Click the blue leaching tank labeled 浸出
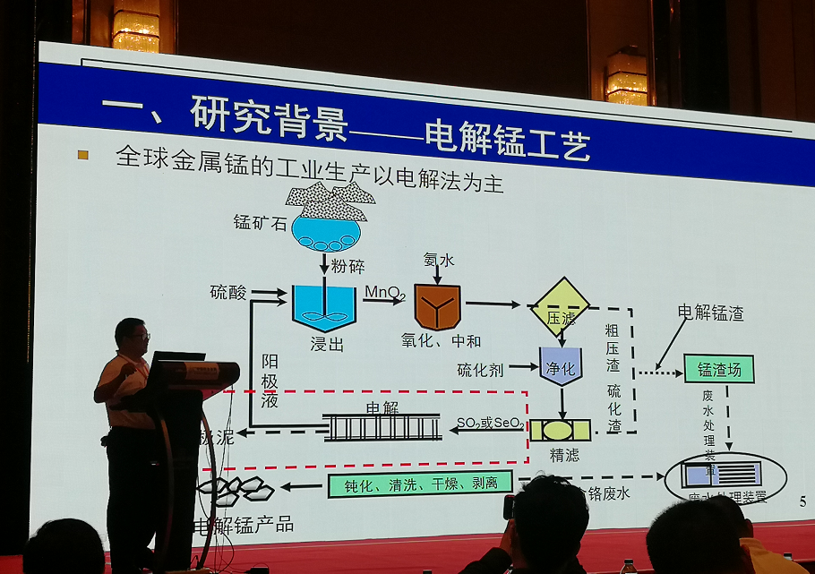click(x=324, y=307)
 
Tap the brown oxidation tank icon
click(x=437, y=307)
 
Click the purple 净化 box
click(x=562, y=366)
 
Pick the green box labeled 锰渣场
click(x=718, y=369)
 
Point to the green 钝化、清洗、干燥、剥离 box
click(x=420, y=484)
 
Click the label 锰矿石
click(x=260, y=223)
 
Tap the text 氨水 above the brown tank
click(x=439, y=260)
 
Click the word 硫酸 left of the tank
click(x=227, y=292)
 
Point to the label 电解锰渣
click(x=710, y=313)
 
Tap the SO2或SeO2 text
click(x=489, y=424)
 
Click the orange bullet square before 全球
click(x=83, y=154)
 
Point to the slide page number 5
click(x=802, y=501)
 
